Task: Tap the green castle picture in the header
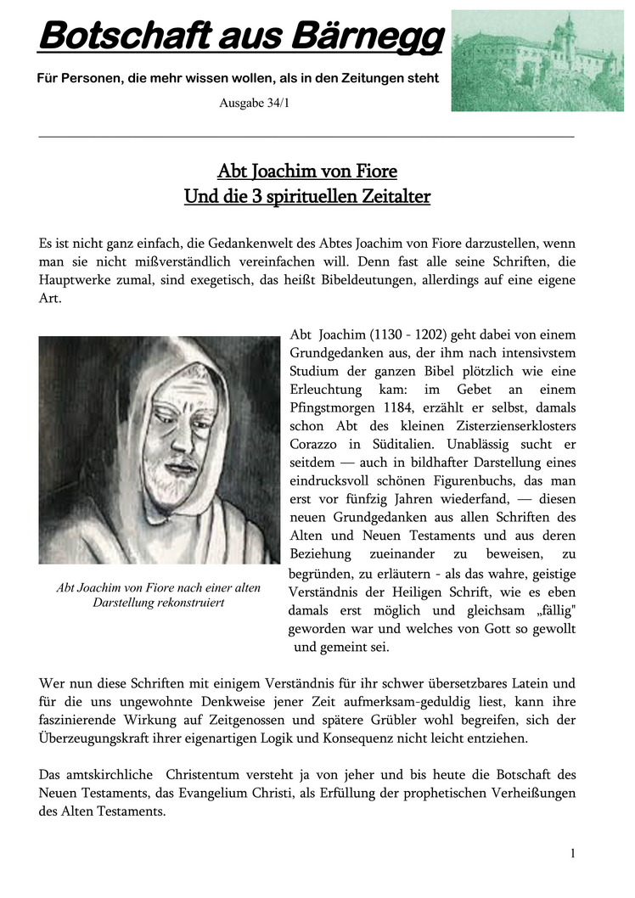(537, 60)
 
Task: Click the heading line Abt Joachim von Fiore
(307, 171)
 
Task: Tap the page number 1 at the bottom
(573, 853)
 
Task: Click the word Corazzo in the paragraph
(316, 444)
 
